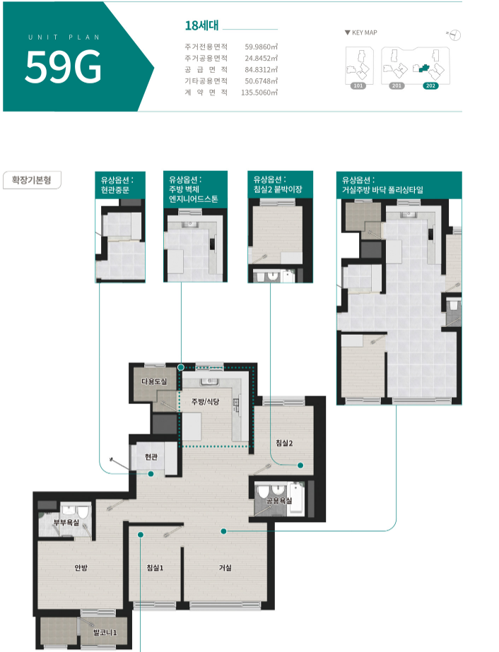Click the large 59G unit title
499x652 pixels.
[x=64, y=66]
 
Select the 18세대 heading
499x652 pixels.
[x=202, y=25]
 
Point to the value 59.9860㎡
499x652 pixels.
[x=261, y=47]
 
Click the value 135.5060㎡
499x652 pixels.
[x=259, y=93]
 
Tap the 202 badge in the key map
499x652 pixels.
[x=430, y=85]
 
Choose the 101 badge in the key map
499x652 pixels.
[x=358, y=85]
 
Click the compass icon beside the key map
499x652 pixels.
[x=455, y=35]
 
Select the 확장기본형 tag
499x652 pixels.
[x=32, y=180]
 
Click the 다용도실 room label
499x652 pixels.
[x=154, y=381]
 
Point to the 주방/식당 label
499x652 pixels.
[x=205, y=401]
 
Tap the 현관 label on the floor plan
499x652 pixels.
[x=151, y=456]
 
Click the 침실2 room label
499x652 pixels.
[x=284, y=443]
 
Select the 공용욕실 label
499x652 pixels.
[x=279, y=501]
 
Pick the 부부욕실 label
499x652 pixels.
[x=66, y=522]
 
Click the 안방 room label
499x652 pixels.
[x=81, y=567]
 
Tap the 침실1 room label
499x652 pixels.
[x=155, y=567]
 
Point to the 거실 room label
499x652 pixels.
[x=225, y=567]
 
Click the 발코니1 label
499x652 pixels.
[x=105, y=632]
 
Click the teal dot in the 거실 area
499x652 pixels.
[x=223, y=531]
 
